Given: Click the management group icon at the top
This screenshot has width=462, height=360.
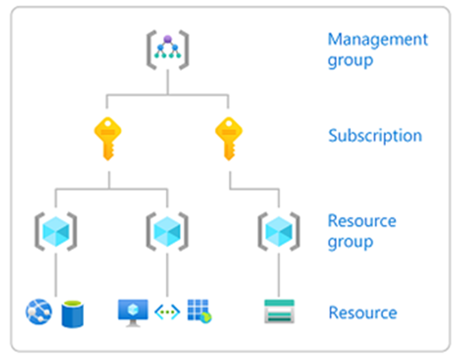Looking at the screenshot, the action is tap(168, 50).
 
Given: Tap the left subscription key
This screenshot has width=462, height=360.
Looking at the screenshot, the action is tap(108, 139).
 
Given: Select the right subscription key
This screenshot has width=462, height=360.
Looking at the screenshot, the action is tap(229, 139).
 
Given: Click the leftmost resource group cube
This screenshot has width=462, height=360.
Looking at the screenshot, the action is tap(56, 232).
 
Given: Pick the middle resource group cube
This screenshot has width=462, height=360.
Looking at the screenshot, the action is tap(168, 232).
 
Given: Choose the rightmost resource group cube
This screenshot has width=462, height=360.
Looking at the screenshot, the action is tap(279, 232).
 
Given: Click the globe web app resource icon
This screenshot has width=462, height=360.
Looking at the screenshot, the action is tap(38, 311).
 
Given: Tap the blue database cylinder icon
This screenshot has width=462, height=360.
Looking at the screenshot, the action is tap(73, 314).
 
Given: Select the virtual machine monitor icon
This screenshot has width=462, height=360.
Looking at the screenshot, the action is tap(133, 313).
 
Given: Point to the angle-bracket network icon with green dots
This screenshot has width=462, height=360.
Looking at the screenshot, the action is tap(168, 312).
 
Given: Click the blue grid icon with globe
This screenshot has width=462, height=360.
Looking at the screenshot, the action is tap(199, 311).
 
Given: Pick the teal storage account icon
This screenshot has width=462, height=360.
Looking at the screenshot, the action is tap(279, 311).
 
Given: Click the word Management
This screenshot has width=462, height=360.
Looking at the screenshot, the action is tap(378, 39).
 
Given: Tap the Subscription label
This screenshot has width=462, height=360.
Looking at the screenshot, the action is tap(375, 136).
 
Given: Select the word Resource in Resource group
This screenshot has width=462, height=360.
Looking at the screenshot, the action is tap(362, 221).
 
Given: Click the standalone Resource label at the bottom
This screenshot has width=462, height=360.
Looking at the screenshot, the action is tap(363, 313).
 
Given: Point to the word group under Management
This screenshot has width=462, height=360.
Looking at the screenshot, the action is tap(351, 62).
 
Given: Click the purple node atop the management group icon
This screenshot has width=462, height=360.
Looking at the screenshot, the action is tap(168, 38).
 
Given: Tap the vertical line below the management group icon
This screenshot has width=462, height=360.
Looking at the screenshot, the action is tap(168, 82).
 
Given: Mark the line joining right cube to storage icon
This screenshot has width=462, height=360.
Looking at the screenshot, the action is tap(279, 274).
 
